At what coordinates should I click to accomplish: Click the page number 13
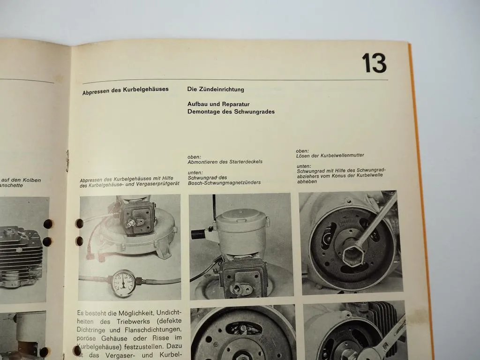374,64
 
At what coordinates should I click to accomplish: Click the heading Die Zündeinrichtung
216,89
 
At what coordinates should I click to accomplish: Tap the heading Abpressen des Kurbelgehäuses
125,89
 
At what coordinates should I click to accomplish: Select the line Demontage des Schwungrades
231,112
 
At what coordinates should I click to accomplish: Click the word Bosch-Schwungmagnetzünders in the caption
224,182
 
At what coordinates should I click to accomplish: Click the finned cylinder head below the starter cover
244,277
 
